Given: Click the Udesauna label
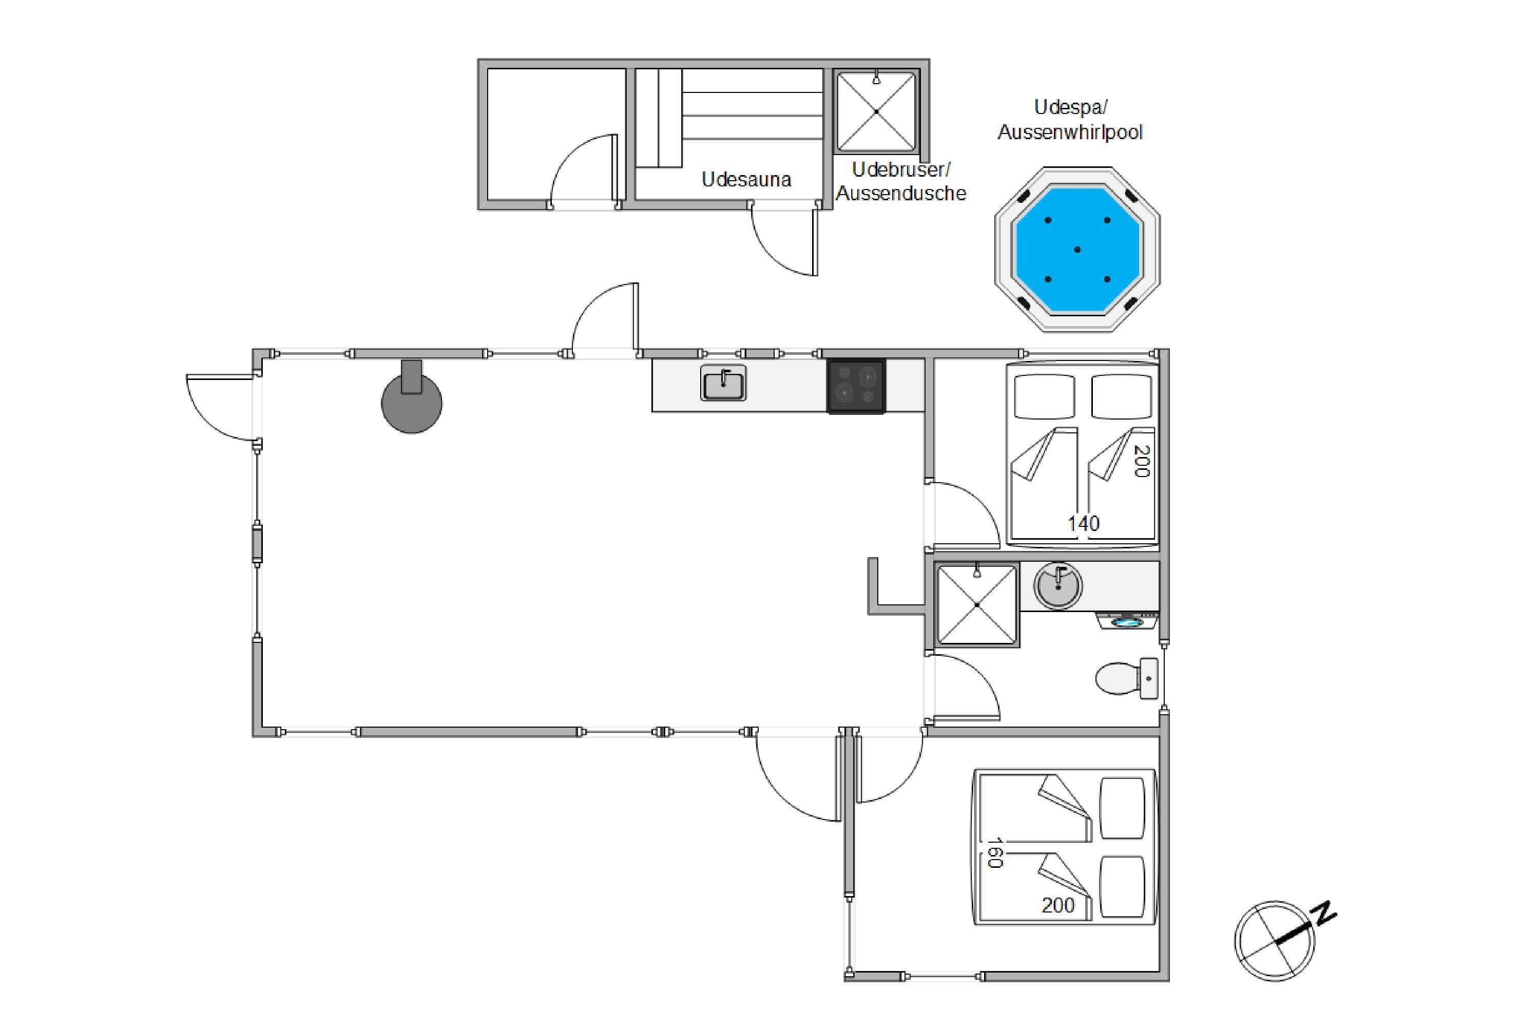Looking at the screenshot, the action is pyautogui.click(x=746, y=179).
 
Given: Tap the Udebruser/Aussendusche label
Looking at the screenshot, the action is pyautogui.click(x=901, y=181).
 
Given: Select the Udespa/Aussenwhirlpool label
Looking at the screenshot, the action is pyautogui.click(x=1070, y=119).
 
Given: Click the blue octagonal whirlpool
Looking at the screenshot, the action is pyautogui.click(x=1077, y=250).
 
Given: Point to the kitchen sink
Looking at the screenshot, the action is pyautogui.click(x=723, y=383).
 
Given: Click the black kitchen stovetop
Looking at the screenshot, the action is pyautogui.click(x=856, y=387).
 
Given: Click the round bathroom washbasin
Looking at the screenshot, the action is pyautogui.click(x=1057, y=585).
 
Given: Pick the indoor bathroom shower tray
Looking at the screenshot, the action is pyautogui.click(x=977, y=604).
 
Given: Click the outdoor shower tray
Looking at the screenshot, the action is pyautogui.click(x=876, y=111).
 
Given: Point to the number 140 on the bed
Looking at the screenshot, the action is pyautogui.click(x=1084, y=524).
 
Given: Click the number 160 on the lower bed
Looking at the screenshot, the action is pyautogui.click(x=995, y=853).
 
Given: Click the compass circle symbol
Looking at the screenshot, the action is pyautogui.click(x=1274, y=941).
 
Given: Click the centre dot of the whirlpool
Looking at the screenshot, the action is pyautogui.click(x=1077, y=250).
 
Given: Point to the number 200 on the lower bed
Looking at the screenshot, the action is pyautogui.click(x=1058, y=905).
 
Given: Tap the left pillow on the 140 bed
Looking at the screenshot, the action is pyautogui.click(x=1044, y=396).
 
